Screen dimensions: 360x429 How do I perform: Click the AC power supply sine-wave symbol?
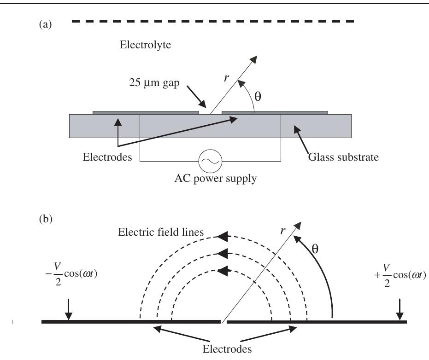210,161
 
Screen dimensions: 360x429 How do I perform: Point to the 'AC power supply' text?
210,179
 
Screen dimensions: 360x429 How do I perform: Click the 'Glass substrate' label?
343,157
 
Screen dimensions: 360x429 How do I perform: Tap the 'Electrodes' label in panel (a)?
107,157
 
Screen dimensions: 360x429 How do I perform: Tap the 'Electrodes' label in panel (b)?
228,348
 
